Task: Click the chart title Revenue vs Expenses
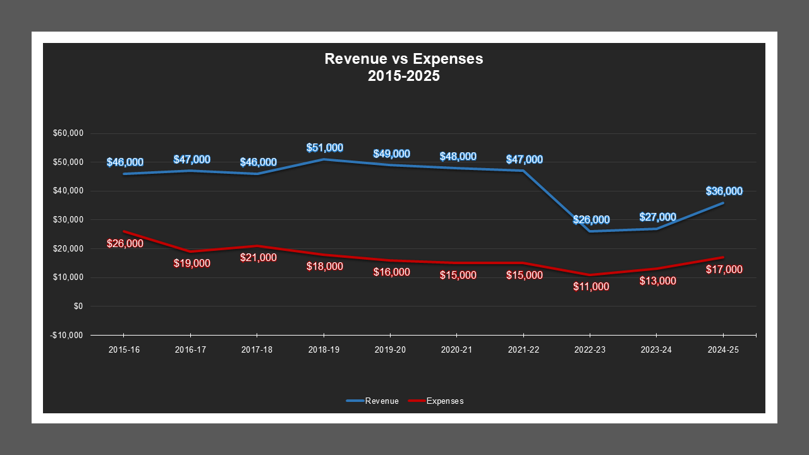[x=404, y=59]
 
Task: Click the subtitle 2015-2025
[x=404, y=76]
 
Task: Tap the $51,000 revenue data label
[x=324, y=148]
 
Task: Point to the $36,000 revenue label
[x=724, y=191]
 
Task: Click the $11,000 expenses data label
[x=591, y=286]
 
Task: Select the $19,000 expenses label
[x=192, y=263]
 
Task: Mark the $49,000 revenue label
[x=391, y=154]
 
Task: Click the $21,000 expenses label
[x=258, y=257]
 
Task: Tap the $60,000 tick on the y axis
[x=69, y=133]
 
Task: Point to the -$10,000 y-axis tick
[x=67, y=335]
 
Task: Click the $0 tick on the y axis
[x=78, y=306]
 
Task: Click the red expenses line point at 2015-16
[x=124, y=231]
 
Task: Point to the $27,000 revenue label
[x=657, y=217]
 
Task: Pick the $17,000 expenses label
[x=724, y=269]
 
